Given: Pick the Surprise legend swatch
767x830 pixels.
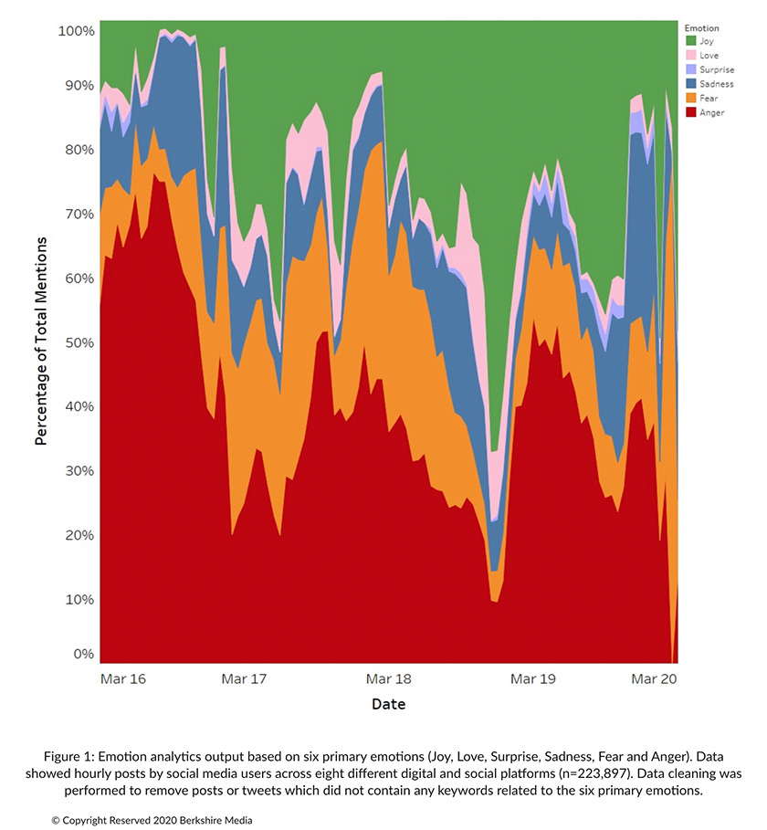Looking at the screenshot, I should (691, 69).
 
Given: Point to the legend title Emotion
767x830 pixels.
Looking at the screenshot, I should (702, 27).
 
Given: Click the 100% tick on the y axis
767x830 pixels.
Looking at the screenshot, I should (76, 31).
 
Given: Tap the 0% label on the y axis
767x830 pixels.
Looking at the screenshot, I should (83, 654).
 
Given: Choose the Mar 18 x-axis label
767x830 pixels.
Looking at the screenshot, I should (388, 679).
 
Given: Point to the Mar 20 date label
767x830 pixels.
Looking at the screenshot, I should (655, 679).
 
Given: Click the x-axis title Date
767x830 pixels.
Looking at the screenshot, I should (388, 705).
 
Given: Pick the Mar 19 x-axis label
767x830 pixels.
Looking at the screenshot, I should (533, 679).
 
